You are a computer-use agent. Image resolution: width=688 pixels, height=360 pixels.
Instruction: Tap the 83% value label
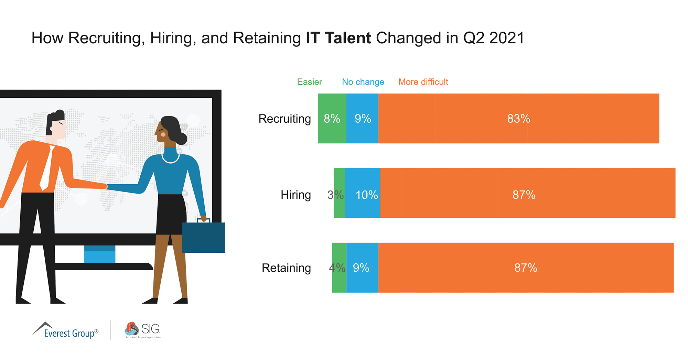point(518,119)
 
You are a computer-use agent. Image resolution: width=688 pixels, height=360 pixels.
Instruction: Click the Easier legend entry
point(309,82)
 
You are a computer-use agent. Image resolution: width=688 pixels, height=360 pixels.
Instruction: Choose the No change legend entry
point(363,82)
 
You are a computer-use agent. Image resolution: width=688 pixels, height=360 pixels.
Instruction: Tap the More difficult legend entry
point(423,82)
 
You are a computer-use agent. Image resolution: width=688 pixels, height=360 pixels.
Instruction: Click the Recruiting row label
point(284,119)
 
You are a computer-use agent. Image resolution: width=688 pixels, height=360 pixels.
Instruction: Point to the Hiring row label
point(295,195)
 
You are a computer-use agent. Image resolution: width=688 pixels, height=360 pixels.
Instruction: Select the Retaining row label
point(286,268)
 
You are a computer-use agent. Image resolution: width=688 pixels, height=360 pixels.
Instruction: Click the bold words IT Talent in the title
point(338,38)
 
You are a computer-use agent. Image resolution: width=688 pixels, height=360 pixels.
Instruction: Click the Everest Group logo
point(65,330)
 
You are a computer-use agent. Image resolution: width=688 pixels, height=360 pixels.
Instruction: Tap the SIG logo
point(143,330)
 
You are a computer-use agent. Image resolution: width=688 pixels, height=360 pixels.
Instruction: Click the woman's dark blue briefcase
point(203,237)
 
